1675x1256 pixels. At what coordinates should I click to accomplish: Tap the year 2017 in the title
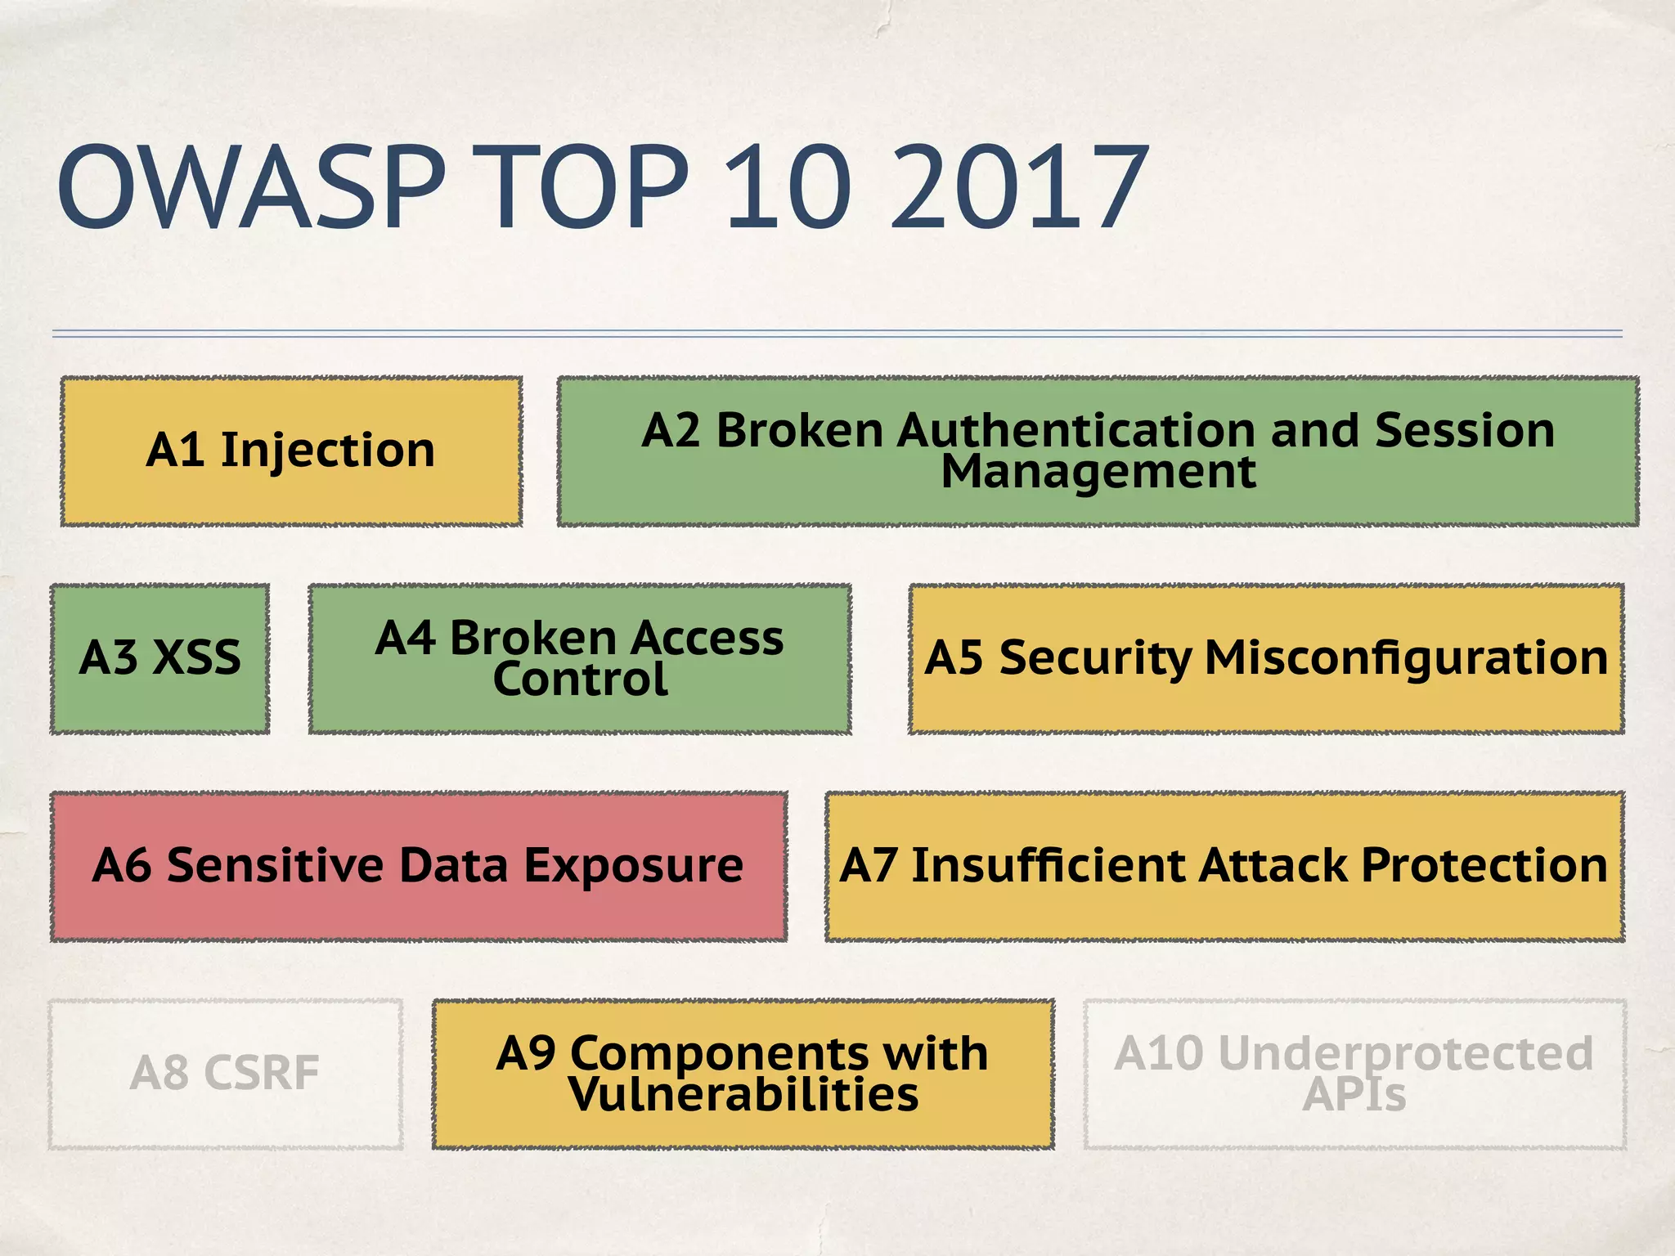pos(1018,188)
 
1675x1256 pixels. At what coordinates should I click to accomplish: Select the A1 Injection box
pos(291,451)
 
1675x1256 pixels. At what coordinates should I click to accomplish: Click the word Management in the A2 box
pos(1098,472)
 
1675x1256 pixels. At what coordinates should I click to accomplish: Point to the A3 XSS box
pos(159,658)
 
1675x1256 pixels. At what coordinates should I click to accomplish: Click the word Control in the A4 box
pos(580,680)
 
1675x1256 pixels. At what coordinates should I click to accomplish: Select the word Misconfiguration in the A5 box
pos(1406,658)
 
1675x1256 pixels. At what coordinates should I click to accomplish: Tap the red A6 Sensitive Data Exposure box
pos(418,866)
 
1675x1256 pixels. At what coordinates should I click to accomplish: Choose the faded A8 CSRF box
pos(225,1074)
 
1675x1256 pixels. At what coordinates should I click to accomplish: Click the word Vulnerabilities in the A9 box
pos(743,1095)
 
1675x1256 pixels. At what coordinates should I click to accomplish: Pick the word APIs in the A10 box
pos(1354,1095)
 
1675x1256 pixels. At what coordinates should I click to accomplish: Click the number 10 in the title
pos(787,188)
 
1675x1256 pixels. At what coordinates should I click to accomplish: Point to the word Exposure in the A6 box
pos(633,866)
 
